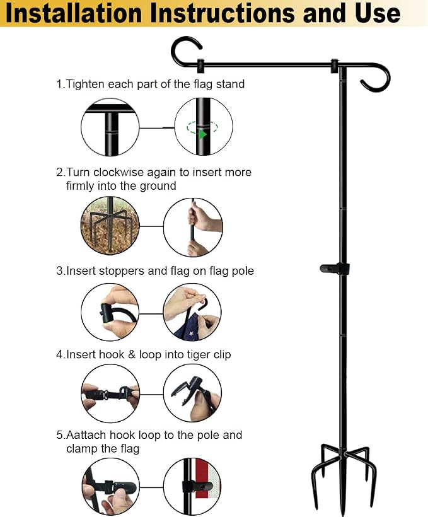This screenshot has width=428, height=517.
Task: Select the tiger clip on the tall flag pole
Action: (x=334, y=269)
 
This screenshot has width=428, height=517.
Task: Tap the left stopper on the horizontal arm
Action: (x=200, y=66)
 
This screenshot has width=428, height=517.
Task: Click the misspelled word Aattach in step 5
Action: (x=86, y=435)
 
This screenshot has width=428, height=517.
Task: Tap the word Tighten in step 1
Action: (x=85, y=84)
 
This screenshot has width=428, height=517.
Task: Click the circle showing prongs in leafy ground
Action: (x=110, y=226)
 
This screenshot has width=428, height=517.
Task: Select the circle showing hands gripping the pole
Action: (x=193, y=227)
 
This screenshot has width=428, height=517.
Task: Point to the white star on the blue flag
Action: (x=191, y=334)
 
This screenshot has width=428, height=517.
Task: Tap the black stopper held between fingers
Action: (x=107, y=312)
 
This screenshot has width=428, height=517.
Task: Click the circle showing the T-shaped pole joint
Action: (x=110, y=127)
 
